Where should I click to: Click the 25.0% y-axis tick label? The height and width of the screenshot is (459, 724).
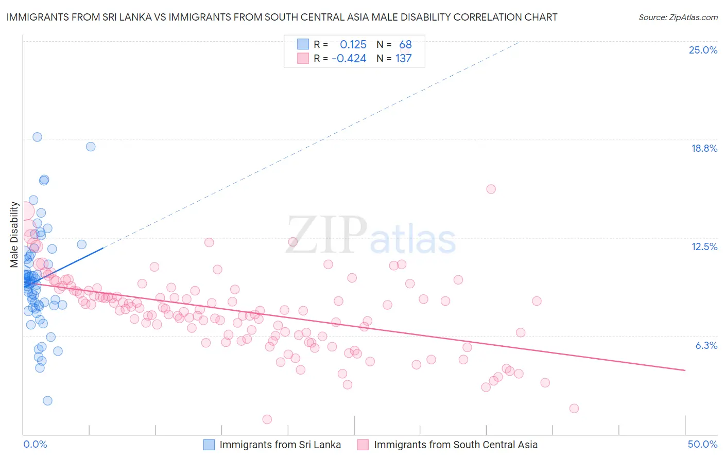703,50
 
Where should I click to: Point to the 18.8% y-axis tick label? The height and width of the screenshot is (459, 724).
704,148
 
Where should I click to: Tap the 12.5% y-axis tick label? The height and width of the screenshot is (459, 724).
704,246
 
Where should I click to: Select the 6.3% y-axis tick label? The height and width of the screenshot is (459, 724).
706,345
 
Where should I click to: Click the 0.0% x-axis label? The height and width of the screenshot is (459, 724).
35,444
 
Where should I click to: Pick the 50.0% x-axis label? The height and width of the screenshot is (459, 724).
702,444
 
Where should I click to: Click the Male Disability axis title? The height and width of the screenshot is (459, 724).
14,234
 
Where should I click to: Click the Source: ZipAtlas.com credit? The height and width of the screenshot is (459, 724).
678,17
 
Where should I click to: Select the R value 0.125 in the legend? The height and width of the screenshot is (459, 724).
353,45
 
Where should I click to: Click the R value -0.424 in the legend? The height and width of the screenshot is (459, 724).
349,59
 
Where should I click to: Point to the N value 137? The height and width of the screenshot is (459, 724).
403,59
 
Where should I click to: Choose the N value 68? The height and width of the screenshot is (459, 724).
405,45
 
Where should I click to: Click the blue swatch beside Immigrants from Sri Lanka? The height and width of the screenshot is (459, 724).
209,445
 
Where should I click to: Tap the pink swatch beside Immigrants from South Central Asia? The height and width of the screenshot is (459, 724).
363,445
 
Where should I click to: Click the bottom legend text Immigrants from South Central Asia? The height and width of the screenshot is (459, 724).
456,445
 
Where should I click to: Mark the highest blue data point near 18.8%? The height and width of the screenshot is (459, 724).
37,137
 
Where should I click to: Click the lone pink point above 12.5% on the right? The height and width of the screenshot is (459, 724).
491,189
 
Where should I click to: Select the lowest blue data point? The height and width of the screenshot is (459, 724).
47,400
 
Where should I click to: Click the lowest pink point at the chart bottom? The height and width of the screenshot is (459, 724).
267,419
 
